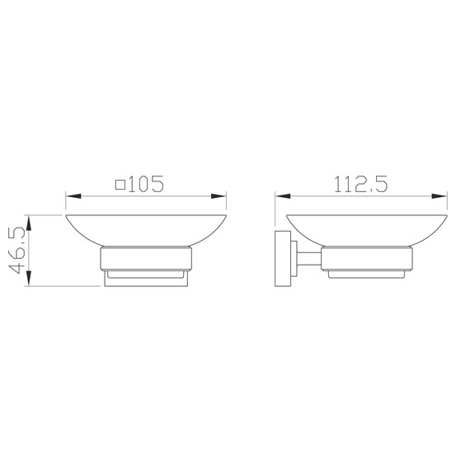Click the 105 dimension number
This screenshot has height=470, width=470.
(147, 184)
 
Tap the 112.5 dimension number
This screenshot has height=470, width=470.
(360, 184)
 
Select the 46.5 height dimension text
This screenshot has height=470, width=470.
(17, 251)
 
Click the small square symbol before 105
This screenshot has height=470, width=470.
(120, 185)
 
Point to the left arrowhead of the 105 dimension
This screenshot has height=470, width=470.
(73, 196)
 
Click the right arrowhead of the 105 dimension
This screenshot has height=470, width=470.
(219, 196)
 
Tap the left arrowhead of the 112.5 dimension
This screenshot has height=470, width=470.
(283, 196)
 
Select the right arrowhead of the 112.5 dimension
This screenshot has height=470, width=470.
(439, 196)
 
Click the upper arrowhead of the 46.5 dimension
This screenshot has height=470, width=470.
(29, 223)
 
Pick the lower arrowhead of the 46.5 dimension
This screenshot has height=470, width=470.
(29, 278)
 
